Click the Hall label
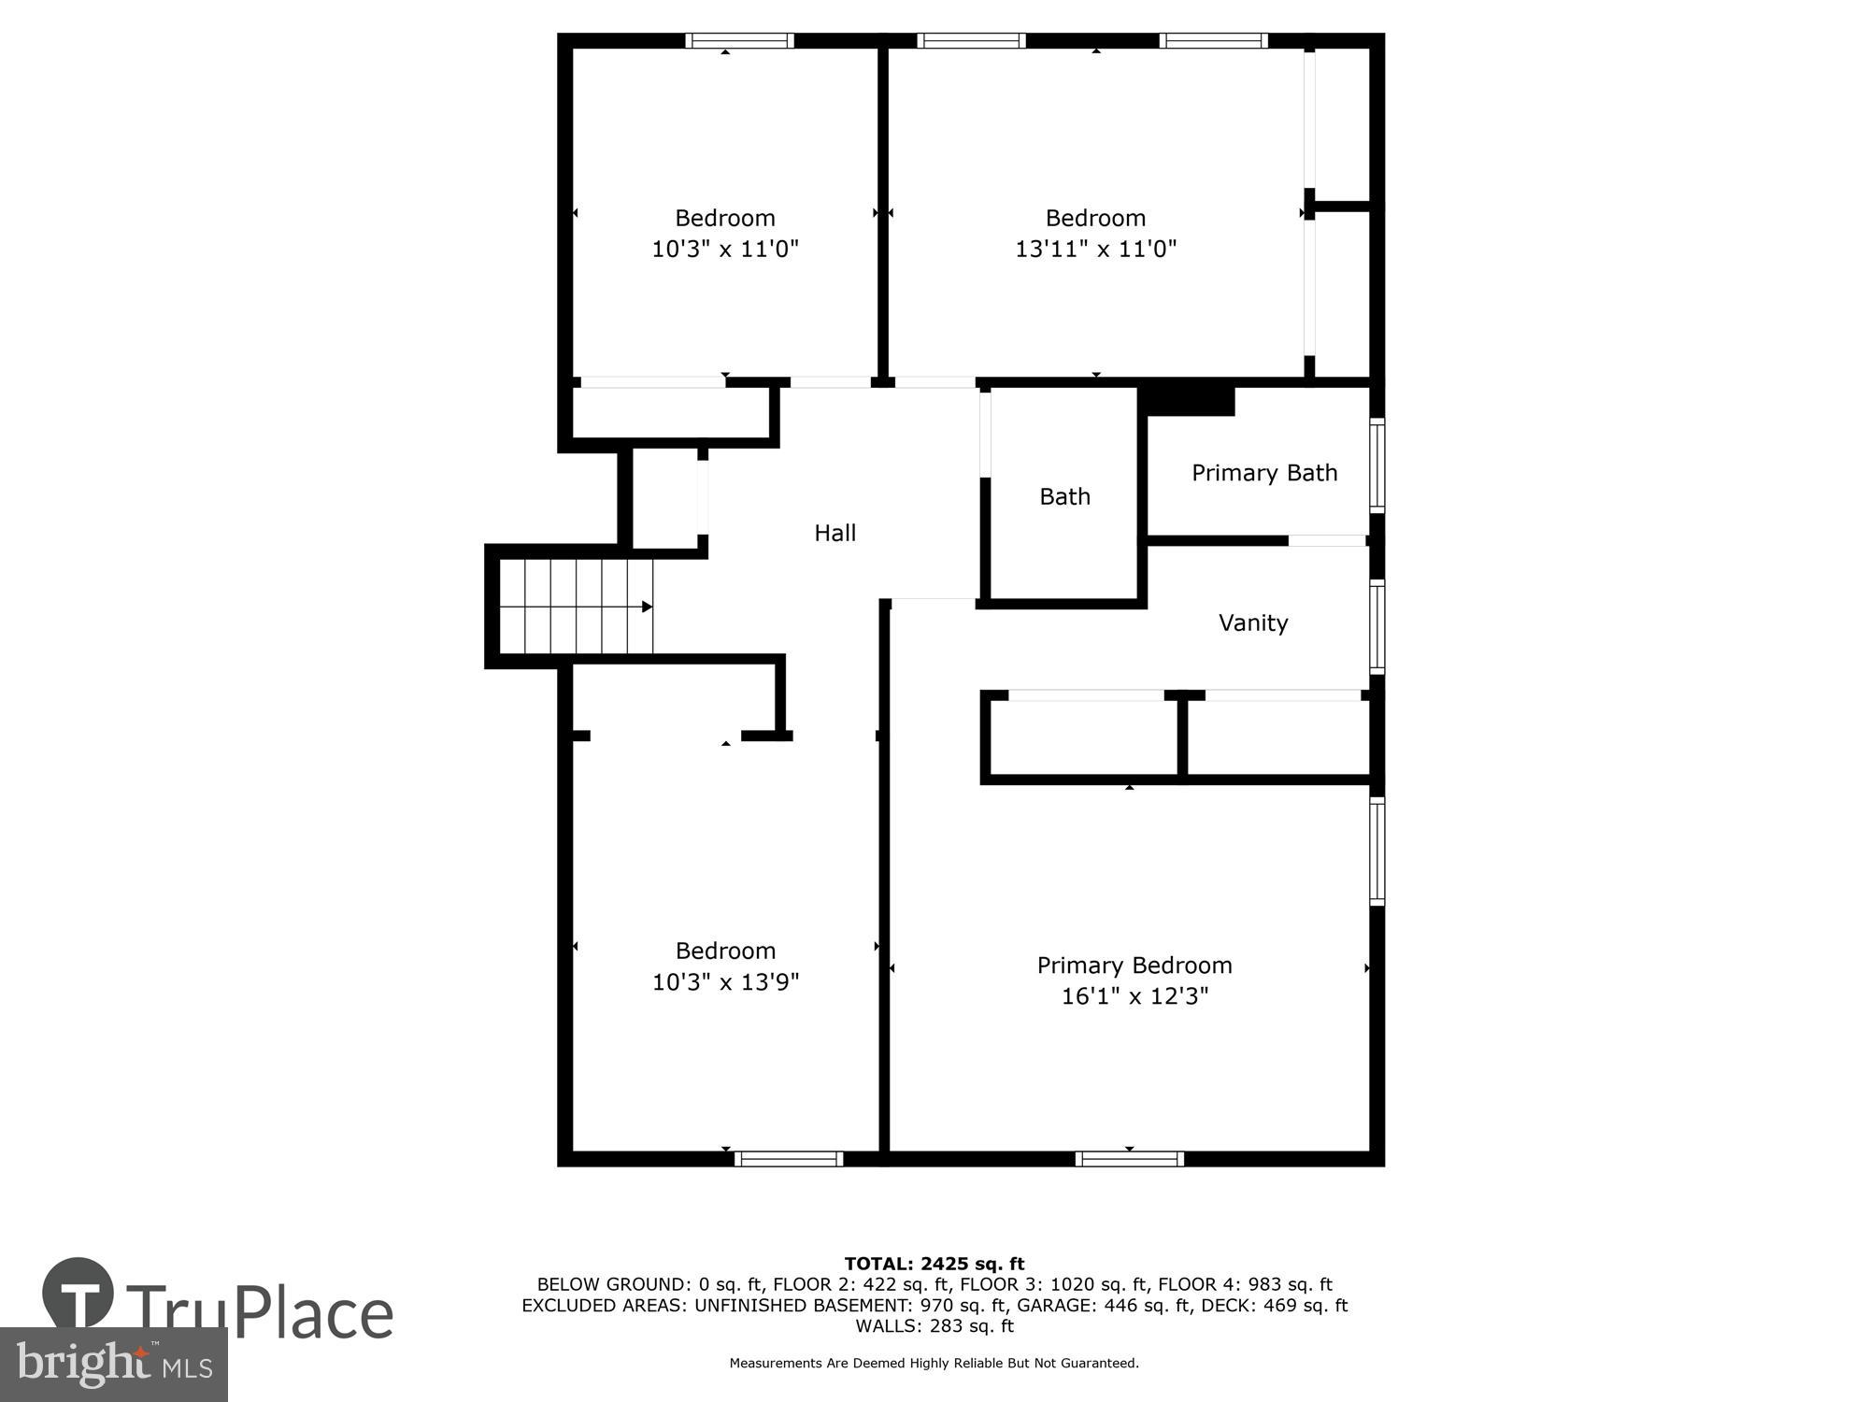click(835, 533)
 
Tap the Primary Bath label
click(1263, 473)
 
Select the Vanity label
click(1252, 622)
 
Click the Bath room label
click(1064, 496)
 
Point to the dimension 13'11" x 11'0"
click(1095, 249)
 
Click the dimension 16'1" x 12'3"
click(1134, 996)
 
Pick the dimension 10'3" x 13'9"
click(725, 982)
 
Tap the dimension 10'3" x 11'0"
click(725, 249)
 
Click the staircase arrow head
click(647, 608)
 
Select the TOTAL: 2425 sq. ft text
click(934, 1265)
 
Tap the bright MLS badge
click(113, 1366)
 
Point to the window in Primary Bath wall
click(1377, 465)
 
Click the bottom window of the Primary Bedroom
click(1129, 1159)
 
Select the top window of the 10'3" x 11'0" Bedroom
click(739, 40)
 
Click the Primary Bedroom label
click(1134, 966)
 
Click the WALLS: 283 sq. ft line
click(934, 1326)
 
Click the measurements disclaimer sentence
click(934, 1364)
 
